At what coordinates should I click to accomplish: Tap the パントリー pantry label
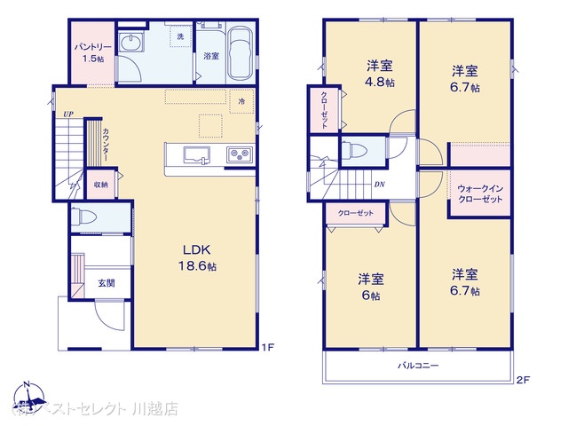(93, 51)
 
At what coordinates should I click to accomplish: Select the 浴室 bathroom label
(210, 56)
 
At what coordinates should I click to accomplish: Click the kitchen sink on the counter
(196, 155)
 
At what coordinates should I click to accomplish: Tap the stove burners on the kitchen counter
(238, 155)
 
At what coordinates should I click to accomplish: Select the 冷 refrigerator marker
(241, 102)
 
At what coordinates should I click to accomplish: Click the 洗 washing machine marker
(180, 36)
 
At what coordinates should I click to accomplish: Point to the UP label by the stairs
(67, 114)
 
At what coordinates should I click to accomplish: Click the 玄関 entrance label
(106, 283)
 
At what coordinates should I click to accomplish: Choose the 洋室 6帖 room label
(370, 284)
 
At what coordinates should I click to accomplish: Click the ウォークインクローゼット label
(480, 194)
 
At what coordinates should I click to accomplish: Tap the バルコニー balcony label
(416, 366)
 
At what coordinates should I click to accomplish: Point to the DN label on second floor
(379, 185)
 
